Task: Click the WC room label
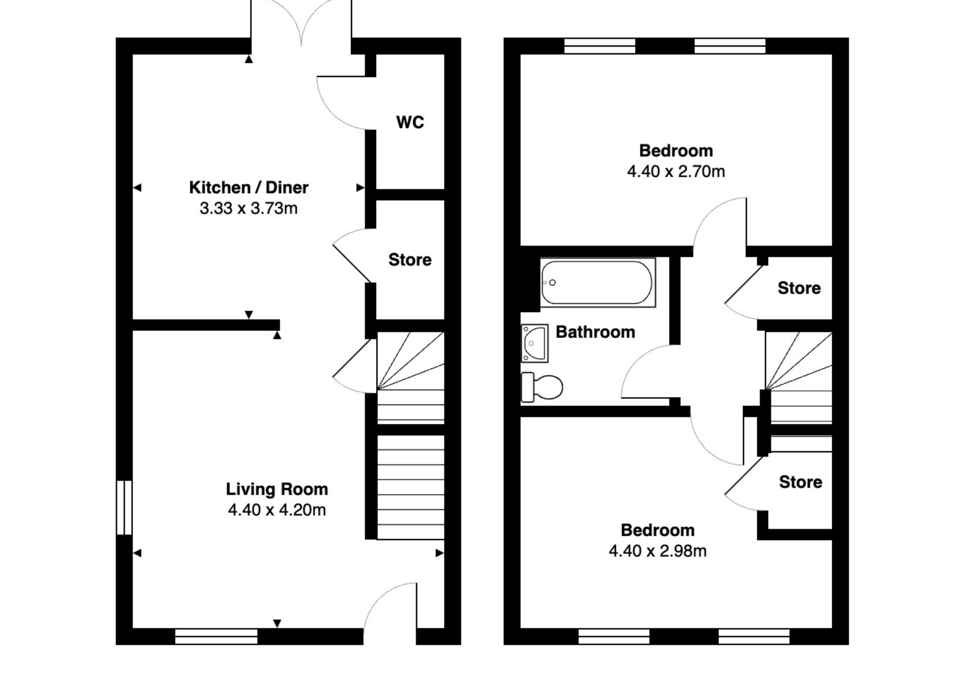(x=410, y=122)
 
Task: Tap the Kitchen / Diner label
(x=249, y=187)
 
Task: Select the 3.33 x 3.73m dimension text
(x=249, y=208)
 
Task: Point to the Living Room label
(x=277, y=489)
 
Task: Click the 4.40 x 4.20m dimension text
(x=277, y=510)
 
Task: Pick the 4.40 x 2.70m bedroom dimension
(x=676, y=171)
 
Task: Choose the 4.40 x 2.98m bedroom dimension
(x=658, y=550)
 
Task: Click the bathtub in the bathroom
(x=598, y=283)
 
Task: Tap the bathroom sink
(x=535, y=343)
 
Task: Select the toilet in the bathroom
(x=542, y=387)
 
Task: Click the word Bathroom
(x=595, y=332)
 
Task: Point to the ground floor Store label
(x=410, y=260)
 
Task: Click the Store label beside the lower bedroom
(x=800, y=482)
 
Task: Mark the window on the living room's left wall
(x=124, y=508)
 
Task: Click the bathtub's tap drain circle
(x=552, y=283)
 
